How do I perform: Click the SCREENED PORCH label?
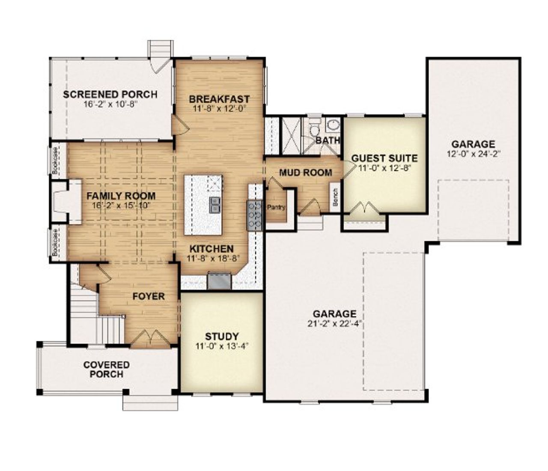pos(110,94)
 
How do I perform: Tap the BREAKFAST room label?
pos(219,99)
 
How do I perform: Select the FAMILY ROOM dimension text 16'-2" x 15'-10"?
pos(121,206)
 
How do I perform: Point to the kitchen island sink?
pos(215,205)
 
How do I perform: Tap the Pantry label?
pos(276,207)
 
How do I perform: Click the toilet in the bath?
pos(315,129)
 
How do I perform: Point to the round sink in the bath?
pos(333,125)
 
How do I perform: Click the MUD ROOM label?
pos(305,173)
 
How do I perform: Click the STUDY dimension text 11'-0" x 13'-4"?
pos(222,346)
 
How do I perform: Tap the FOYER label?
pos(148,296)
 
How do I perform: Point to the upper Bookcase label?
pos(55,161)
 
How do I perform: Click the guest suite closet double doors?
pos(364,209)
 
